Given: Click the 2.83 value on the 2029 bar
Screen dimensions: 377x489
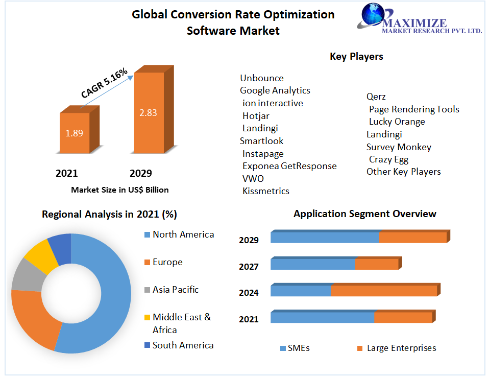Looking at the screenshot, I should pyautogui.click(x=148, y=113).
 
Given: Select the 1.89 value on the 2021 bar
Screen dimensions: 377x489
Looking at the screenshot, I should pyautogui.click(x=74, y=133).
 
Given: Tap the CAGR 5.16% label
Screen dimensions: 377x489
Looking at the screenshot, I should pyautogui.click(x=104, y=83).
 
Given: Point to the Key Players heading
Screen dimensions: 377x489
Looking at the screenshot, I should pyautogui.click(x=356, y=57).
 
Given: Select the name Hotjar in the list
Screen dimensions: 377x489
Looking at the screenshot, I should pyautogui.click(x=256, y=116).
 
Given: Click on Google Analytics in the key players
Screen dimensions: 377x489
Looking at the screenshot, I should pyautogui.click(x=275, y=90).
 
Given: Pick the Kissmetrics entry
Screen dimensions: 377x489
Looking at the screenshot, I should pyautogui.click(x=265, y=191).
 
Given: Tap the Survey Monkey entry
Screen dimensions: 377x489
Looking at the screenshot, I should pyautogui.click(x=399, y=147).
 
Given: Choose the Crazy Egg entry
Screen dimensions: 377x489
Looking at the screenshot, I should pyautogui.click(x=388, y=159).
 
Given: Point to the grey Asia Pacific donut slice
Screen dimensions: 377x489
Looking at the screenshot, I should pyautogui.click(x=23, y=274).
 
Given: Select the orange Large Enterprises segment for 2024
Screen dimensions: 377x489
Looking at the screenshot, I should pyautogui.click(x=383, y=291).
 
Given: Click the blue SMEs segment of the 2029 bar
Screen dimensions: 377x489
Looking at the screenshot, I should pyautogui.click(x=325, y=238).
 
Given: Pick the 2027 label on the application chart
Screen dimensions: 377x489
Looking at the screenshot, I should pyautogui.click(x=249, y=266).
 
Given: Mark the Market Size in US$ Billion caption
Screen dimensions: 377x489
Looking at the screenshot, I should pyautogui.click(x=119, y=190).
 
